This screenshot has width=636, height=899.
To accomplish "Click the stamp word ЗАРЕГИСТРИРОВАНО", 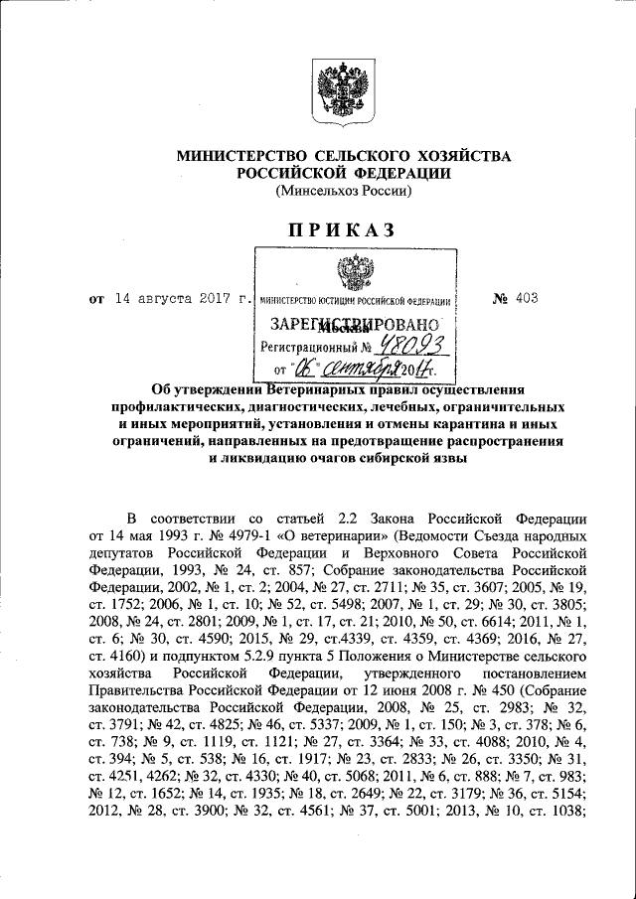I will [354, 324].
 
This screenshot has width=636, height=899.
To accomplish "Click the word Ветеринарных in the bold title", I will [316, 390].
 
